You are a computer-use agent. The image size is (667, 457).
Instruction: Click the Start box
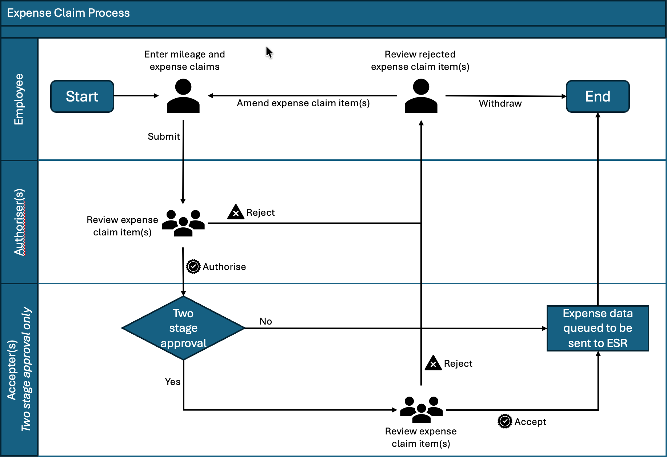coord(82,96)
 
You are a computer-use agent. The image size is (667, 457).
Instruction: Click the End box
coord(598,96)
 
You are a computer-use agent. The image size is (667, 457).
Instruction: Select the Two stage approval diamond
coord(183,328)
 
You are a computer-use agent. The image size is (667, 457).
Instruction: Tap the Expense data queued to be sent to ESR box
coord(598,328)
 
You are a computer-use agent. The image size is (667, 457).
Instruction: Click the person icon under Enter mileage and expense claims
coord(183,96)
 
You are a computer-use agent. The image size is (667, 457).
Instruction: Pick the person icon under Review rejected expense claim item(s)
coord(421,96)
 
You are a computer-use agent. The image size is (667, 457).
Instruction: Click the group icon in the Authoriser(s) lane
coord(183,223)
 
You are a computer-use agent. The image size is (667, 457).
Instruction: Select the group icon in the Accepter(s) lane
coord(422,410)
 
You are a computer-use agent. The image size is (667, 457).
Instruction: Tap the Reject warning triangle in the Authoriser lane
coord(236,212)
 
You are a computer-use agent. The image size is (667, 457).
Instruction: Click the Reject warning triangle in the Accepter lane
coord(433,363)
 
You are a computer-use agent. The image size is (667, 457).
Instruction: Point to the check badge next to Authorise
coord(193,267)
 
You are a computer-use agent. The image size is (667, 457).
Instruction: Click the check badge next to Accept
coord(505,421)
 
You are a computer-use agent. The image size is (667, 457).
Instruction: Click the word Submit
coord(164,136)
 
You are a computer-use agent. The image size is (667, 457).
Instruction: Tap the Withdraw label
coord(500,103)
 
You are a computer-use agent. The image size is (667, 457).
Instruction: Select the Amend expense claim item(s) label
coord(303,103)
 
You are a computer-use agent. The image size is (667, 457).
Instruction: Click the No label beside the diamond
coord(266,321)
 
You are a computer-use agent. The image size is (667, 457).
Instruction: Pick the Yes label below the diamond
coord(173,382)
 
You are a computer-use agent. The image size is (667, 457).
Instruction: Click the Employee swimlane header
coord(19,99)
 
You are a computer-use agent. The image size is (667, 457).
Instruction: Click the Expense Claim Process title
coord(68,13)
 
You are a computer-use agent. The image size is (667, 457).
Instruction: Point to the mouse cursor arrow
coord(269,52)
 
